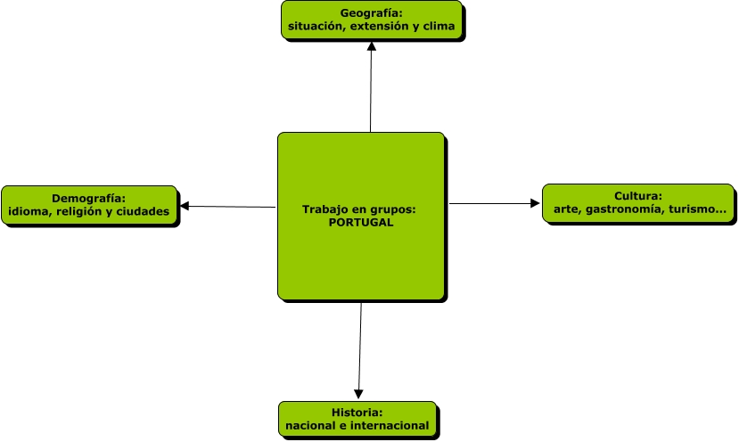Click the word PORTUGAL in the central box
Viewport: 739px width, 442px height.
pos(360,223)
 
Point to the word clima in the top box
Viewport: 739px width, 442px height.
pos(438,27)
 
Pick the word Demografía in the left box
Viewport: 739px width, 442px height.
pos(87,198)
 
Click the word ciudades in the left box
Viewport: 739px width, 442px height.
pos(144,212)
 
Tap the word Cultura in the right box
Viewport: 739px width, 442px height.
pos(636,196)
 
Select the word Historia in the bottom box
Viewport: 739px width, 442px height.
pos(356,413)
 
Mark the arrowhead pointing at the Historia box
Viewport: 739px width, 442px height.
pos(359,393)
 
